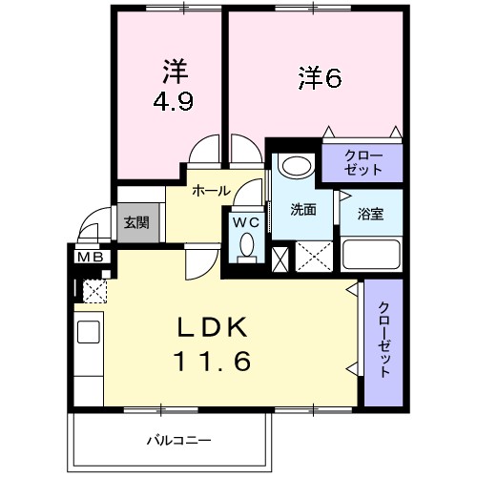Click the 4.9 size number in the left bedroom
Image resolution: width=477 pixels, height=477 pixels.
pyautogui.click(x=173, y=100)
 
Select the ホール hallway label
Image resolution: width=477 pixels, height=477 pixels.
pyautogui.click(x=210, y=191)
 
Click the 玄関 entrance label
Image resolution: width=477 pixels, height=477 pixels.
pyautogui.click(x=135, y=223)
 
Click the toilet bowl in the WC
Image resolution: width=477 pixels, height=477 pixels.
pyautogui.click(x=247, y=247)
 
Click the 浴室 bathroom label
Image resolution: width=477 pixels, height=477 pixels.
pyautogui.click(x=371, y=213)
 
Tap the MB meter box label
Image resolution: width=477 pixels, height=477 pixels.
pyautogui.click(x=91, y=256)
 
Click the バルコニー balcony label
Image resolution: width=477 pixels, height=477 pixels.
pyautogui.click(x=178, y=440)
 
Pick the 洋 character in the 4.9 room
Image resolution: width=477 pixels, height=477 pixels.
pyautogui.click(x=173, y=71)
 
